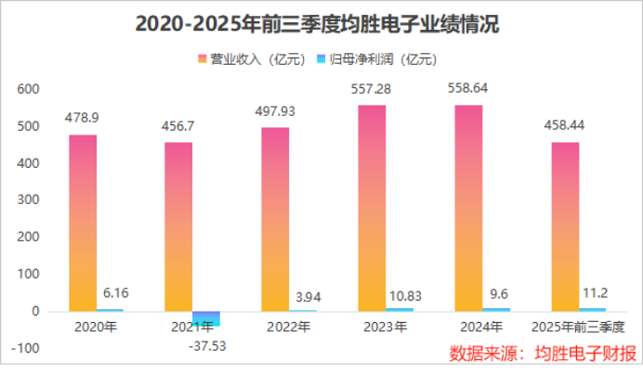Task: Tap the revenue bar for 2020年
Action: coord(83,223)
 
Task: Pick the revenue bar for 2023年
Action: coord(372,209)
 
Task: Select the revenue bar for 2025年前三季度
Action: coord(565,226)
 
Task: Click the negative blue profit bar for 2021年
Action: coord(206,318)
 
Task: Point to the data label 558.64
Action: coord(468,88)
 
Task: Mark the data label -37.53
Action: coord(207,346)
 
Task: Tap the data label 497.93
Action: coord(275,110)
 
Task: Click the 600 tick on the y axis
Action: coord(29,89)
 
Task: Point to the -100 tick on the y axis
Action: coord(25,348)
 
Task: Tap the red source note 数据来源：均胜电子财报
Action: coord(543,354)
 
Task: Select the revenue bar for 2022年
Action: coord(275,219)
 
